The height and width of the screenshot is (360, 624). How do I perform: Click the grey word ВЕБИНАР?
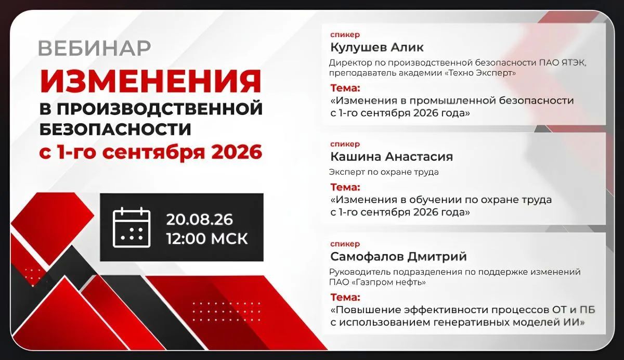pyautogui.click(x=95, y=48)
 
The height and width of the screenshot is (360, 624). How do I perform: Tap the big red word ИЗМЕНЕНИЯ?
pyautogui.click(x=151, y=81)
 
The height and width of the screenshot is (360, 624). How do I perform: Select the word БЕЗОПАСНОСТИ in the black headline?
pyautogui.click(x=115, y=130)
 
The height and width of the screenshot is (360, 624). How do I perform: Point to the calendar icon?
pyautogui.click(x=132, y=227)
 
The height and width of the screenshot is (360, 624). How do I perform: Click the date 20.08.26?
pyautogui.click(x=200, y=220)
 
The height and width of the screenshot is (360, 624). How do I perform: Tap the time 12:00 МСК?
pyautogui.click(x=207, y=239)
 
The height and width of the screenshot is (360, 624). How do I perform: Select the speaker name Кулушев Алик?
pyautogui.click(x=377, y=47)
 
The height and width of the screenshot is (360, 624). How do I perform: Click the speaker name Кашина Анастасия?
pyautogui.click(x=392, y=157)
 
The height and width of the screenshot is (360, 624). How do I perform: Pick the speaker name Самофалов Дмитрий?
pyautogui.click(x=398, y=256)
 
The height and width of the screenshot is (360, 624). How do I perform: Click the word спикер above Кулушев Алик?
pyautogui.click(x=345, y=35)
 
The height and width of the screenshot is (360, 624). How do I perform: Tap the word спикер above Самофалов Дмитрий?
pyautogui.click(x=345, y=244)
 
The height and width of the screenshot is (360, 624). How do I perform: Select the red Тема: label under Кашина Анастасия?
pyautogui.click(x=345, y=187)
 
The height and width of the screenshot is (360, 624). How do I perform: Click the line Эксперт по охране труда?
pyautogui.click(x=384, y=172)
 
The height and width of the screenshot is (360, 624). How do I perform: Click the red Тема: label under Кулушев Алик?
pyautogui.click(x=345, y=88)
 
